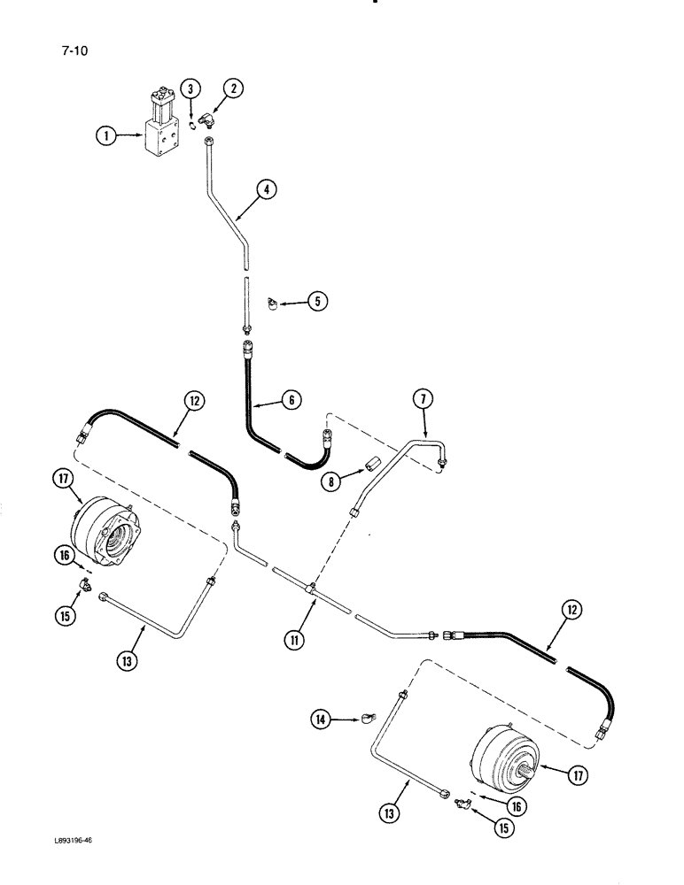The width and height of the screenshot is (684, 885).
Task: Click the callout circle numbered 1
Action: click(x=106, y=135)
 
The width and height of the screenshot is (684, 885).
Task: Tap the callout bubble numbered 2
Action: click(x=233, y=88)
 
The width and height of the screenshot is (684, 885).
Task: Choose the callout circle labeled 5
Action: click(x=317, y=302)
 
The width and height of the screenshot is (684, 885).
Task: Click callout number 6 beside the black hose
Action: click(x=291, y=400)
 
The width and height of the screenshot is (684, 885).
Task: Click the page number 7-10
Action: click(x=74, y=50)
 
